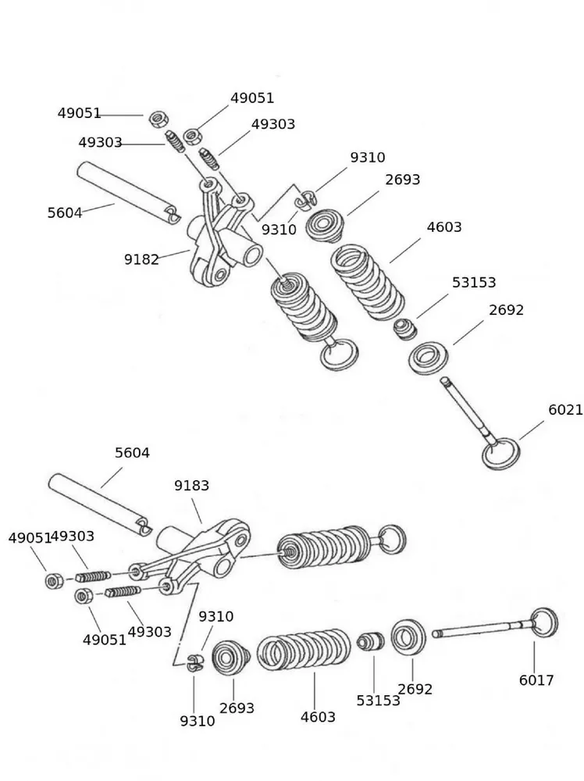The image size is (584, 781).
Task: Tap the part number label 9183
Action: (x=191, y=486)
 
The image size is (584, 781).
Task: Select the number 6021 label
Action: (x=565, y=410)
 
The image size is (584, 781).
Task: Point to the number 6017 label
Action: (x=536, y=680)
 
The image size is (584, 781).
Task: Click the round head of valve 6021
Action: (x=500, y=454)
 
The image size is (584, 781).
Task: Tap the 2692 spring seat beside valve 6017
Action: (x=408, y=636)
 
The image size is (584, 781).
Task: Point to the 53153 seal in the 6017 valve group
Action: (x=371, y=642)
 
